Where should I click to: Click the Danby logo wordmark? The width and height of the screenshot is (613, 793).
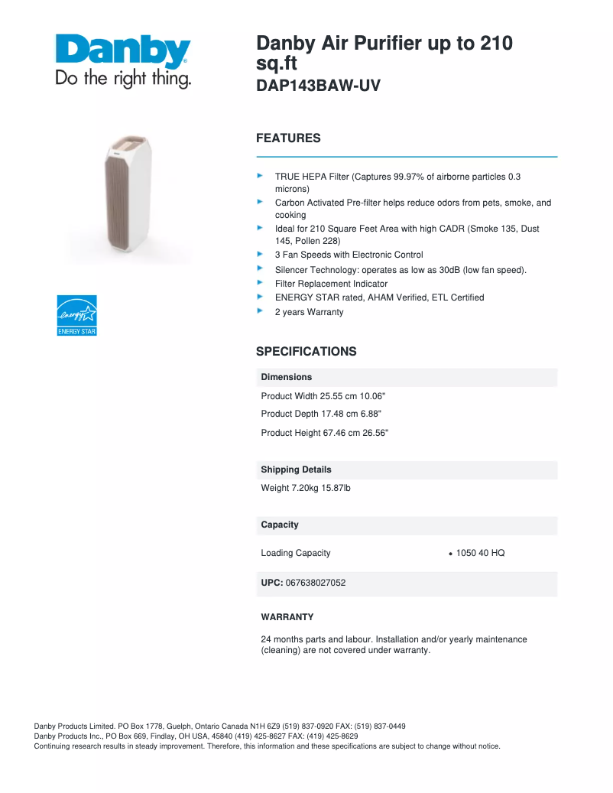122,51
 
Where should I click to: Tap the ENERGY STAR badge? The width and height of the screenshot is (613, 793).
76,315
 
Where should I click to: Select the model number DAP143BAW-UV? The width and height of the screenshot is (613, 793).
317,86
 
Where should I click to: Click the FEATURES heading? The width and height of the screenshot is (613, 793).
288,138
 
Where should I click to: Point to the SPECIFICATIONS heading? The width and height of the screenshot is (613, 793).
306,352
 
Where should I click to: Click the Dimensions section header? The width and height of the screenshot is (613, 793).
287,377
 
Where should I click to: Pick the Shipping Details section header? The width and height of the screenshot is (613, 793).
296,470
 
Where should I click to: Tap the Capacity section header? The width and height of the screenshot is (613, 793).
280,525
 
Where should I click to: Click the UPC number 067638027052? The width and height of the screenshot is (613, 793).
315,583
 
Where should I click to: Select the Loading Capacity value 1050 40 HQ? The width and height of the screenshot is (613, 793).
480,553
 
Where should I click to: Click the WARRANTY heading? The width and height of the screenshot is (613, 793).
287,617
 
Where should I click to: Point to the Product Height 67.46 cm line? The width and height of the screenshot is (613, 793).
324,433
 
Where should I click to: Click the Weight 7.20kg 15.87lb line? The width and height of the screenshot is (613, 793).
306,488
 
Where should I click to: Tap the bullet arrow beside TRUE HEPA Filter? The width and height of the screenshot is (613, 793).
259,176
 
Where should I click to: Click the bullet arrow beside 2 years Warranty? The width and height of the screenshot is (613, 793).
259,311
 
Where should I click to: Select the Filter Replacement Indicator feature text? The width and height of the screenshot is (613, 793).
331,284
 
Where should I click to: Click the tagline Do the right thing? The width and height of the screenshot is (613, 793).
122,79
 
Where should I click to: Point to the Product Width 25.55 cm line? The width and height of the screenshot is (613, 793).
323,396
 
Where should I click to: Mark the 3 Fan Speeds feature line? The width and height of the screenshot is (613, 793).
349,255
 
